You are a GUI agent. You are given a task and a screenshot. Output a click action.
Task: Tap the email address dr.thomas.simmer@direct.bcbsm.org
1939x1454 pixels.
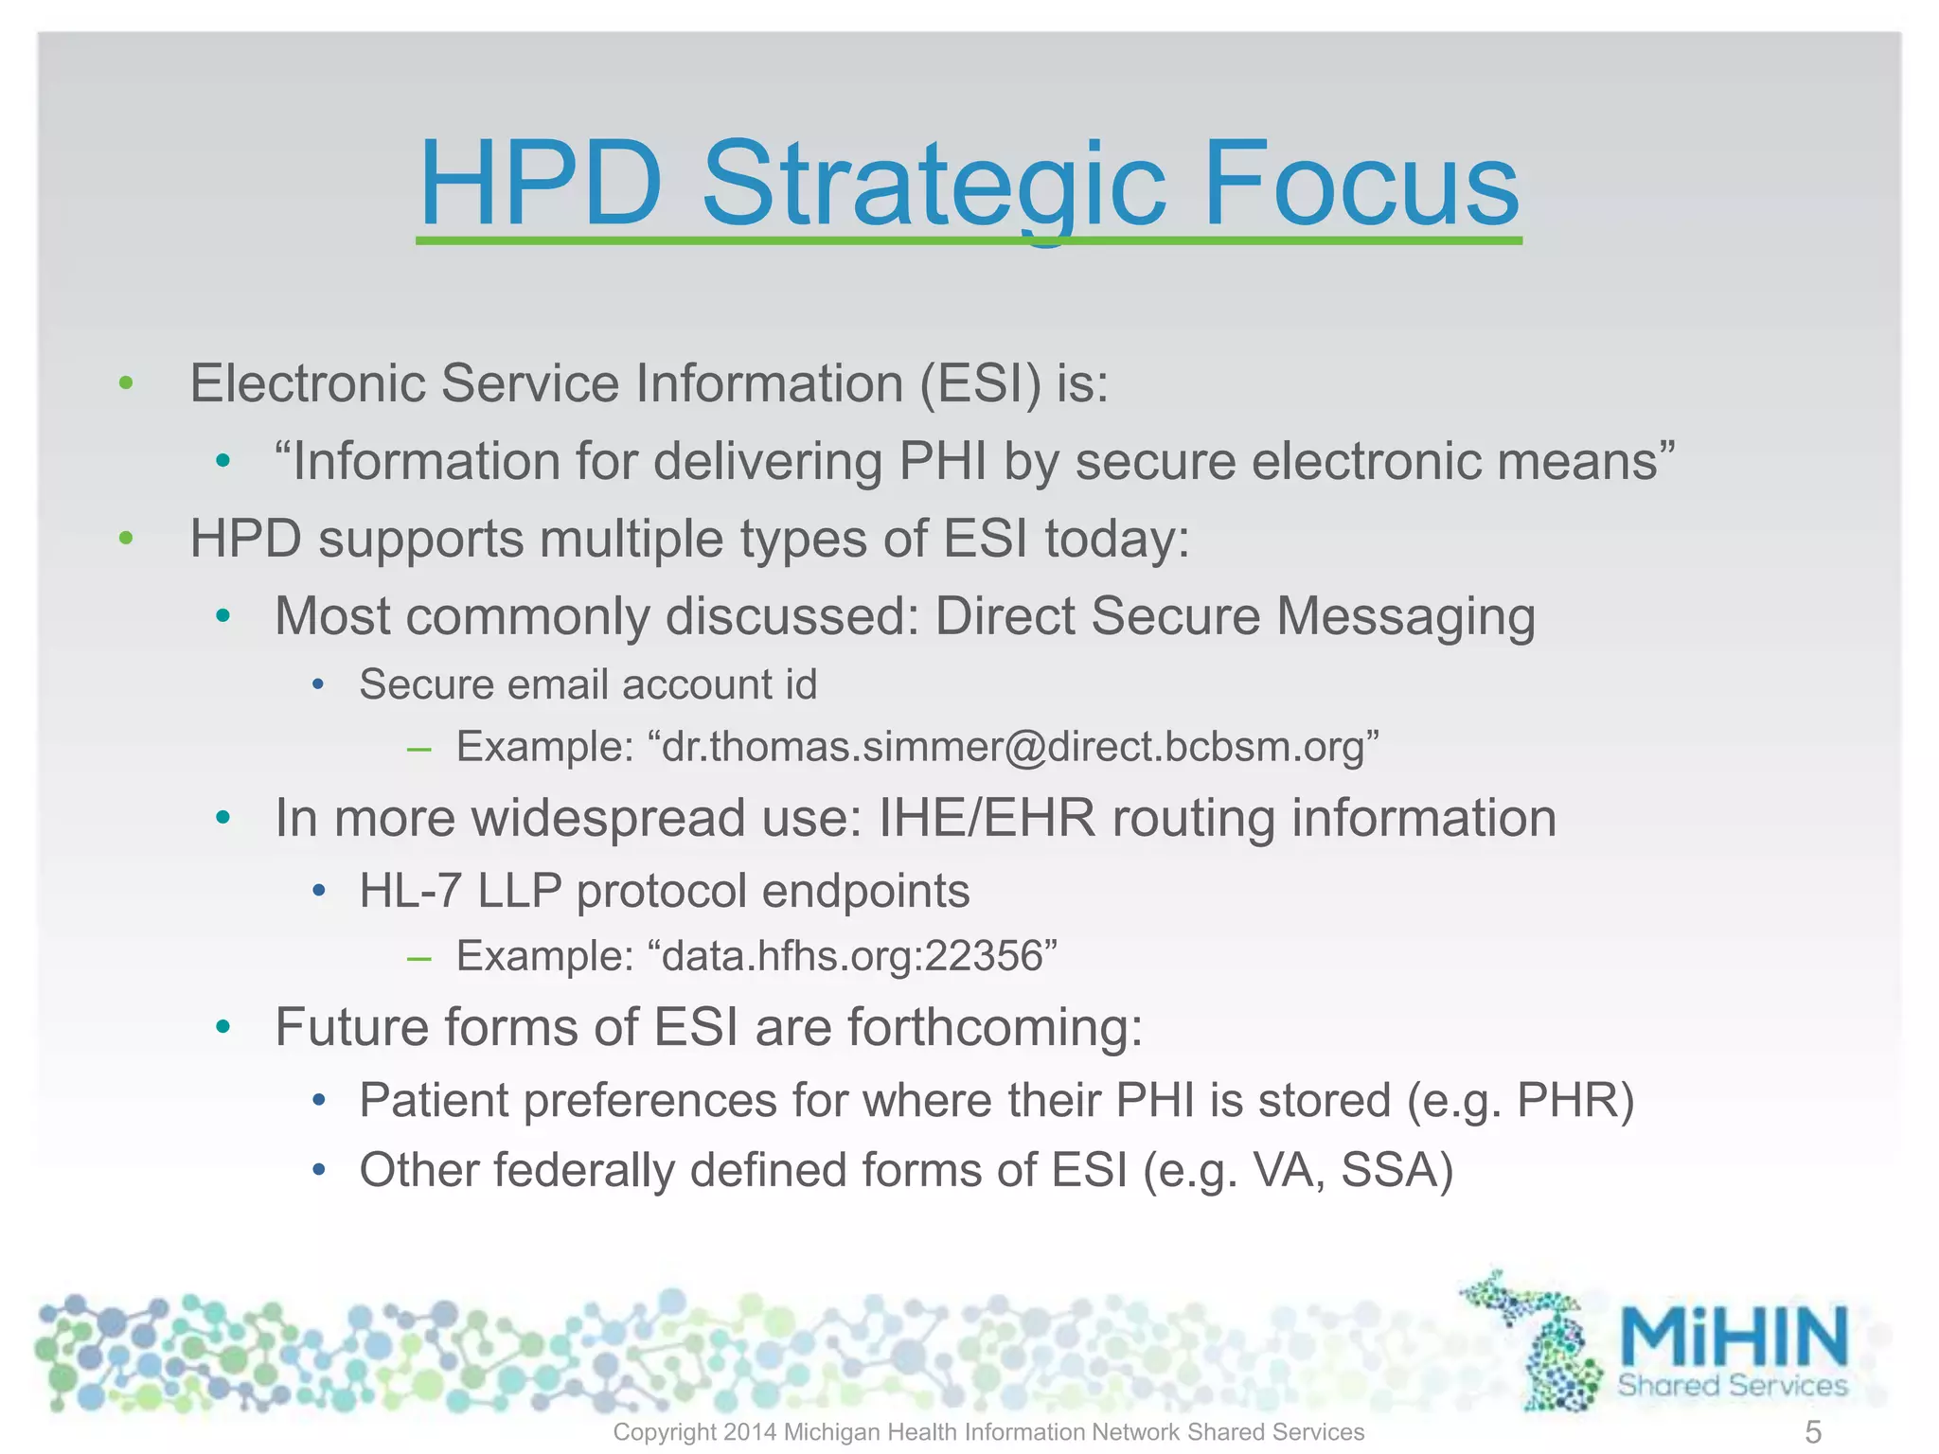1013,747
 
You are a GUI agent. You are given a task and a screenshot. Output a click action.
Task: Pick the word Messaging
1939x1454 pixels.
1405,617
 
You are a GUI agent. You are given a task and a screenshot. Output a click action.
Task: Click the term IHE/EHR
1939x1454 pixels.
987,818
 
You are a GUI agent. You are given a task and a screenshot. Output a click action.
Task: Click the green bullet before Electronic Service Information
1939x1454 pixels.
126,383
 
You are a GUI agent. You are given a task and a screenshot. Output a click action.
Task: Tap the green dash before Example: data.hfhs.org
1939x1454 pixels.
418,958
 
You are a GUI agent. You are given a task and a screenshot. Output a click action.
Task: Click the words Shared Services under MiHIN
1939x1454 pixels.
1732,1386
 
